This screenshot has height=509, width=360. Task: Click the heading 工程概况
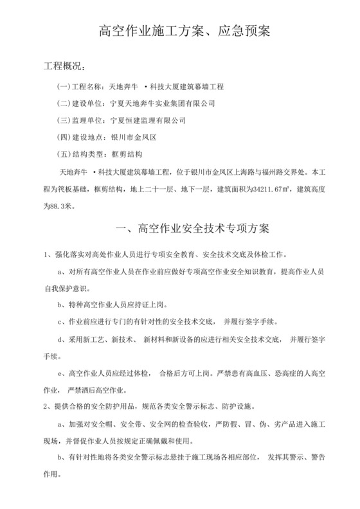[x=64, y=67]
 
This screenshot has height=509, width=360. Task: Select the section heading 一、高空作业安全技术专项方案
[x=192, y=229]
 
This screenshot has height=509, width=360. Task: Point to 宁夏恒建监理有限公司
[x=147, y=120]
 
